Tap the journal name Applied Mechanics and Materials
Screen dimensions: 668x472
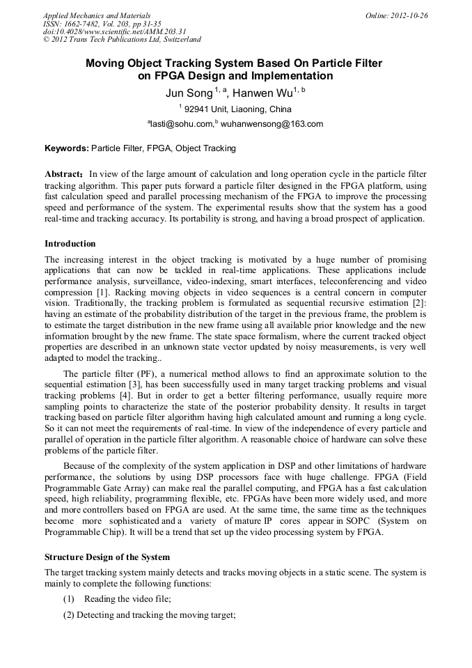tap(96, 15)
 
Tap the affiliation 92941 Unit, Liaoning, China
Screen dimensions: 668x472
tap(237, 109)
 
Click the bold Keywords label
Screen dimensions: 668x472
tap(67, 148)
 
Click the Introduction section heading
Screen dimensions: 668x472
tap(70, 244)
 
